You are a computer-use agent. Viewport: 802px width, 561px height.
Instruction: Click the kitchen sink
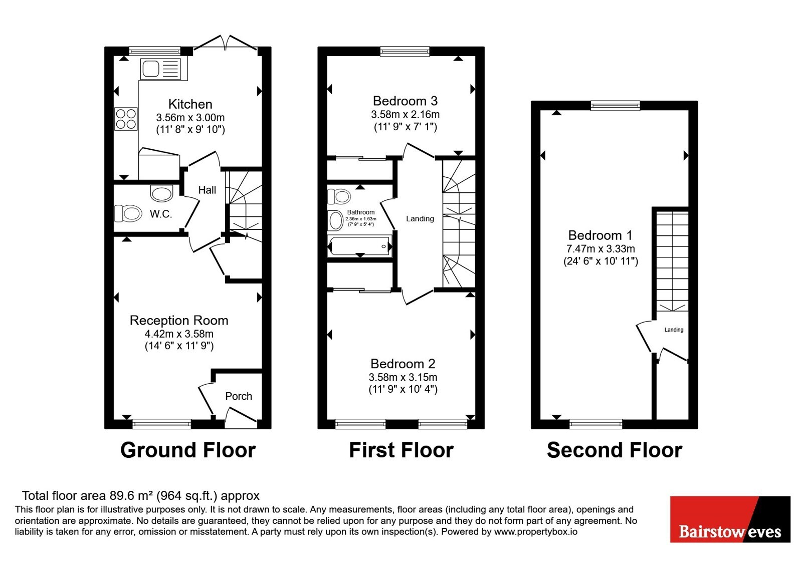161,69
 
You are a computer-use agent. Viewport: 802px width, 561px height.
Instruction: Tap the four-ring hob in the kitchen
126,119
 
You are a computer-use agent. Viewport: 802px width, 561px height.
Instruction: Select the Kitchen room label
190,104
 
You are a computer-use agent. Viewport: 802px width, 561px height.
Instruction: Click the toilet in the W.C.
127,213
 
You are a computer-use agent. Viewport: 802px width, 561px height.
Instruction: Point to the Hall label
208,190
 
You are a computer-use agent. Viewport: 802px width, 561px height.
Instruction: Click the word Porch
239,396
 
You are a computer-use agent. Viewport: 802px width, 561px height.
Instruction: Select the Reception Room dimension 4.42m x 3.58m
179,334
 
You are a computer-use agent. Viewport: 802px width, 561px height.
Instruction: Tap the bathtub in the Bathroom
360,246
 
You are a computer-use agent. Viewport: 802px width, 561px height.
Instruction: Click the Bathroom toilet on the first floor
339,196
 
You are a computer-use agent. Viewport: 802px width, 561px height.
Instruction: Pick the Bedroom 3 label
406,101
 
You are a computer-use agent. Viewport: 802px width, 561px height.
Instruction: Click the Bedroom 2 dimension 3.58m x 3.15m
403,377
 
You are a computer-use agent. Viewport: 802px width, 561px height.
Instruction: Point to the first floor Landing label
420,218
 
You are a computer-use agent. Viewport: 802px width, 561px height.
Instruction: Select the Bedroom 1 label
600,235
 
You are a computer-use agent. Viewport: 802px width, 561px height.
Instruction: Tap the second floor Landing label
674,330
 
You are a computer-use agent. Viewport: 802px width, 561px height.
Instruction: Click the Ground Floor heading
188,450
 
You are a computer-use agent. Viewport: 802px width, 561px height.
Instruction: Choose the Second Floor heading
615,450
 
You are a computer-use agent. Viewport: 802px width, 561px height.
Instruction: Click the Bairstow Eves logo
730,519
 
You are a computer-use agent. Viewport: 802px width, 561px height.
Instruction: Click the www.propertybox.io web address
536,531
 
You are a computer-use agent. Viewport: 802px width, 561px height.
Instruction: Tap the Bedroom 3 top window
405,52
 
